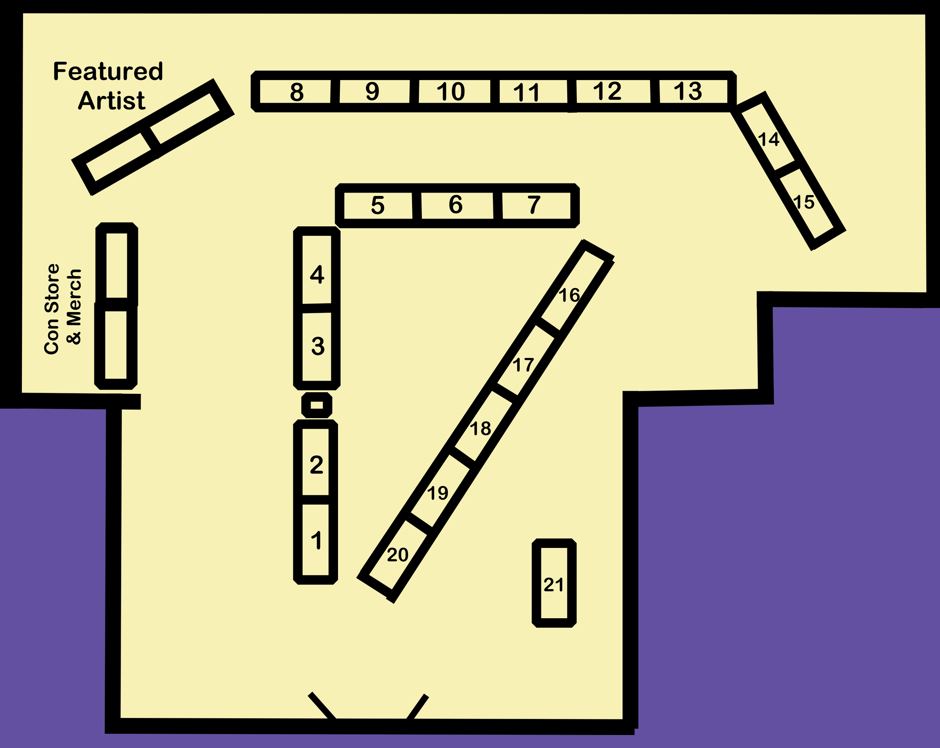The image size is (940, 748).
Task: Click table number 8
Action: (296, 92)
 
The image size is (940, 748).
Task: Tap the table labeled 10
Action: (451, 92)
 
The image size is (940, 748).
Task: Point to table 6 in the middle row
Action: (456, 205)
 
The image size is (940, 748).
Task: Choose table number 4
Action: (317, 275)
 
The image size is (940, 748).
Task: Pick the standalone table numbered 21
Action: (554, 584)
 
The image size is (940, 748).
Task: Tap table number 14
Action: (769, 140)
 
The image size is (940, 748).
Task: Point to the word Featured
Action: (108, 71)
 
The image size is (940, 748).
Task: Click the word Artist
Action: (112, 101)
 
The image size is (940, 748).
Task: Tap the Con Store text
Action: (52, 309)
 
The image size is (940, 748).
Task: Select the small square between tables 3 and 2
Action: (317, 405)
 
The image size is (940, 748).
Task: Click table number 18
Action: (481, 429)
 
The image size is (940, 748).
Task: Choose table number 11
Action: (527, 92)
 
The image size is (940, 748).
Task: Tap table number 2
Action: (316, 465)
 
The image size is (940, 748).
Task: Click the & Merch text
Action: (74, 307)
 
